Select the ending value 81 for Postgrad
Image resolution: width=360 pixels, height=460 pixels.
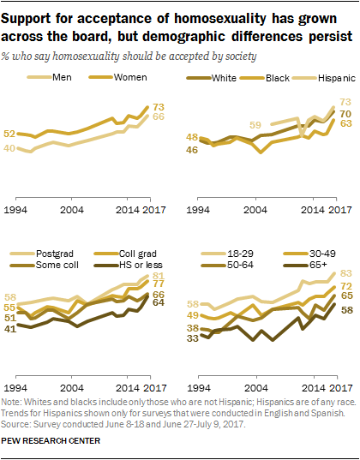(x=159, y=276)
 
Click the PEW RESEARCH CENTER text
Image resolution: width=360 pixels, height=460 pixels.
(x=53, y=441)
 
